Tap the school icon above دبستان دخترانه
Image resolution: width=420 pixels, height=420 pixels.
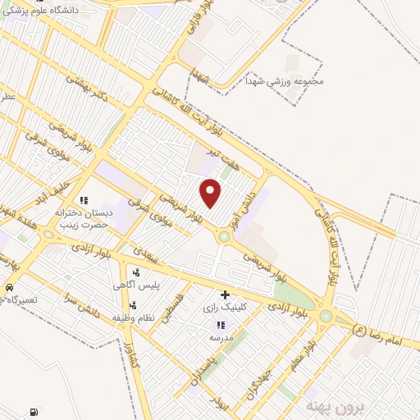(83, 199)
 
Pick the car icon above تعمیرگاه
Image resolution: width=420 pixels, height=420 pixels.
(8, 288)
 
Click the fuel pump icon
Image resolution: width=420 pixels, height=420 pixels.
(32, 412)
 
